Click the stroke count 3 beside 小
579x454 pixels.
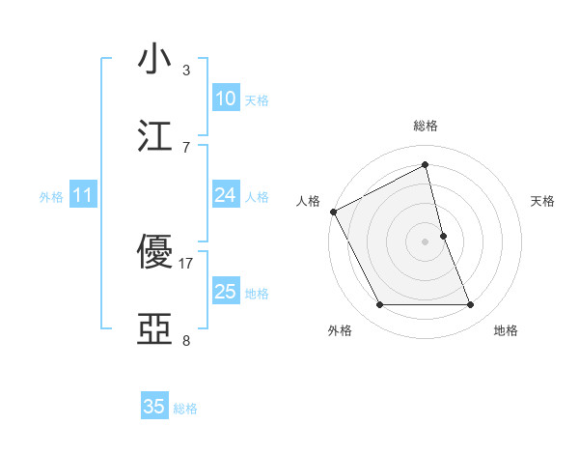click(186, 70)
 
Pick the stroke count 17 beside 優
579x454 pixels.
click(186, 263)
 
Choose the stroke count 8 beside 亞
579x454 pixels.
click(186, 340)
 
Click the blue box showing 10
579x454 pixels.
click(226, 99)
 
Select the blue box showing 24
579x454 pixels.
click(226, 195)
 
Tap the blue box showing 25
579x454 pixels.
click(226, 292)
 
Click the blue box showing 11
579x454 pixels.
click(83, 195)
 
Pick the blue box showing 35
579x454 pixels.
click(154, 407)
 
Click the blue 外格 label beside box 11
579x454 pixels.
click(51, 197)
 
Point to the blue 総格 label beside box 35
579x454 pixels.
click(185, 409)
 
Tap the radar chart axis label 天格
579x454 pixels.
click(542, 201)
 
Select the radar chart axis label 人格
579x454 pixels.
click(308, 201)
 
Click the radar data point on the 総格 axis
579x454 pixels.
click(426, 165)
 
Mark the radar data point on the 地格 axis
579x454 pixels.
click(471, 305)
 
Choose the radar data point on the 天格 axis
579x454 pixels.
click(443, 236)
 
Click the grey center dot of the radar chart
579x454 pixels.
click(426, 241)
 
